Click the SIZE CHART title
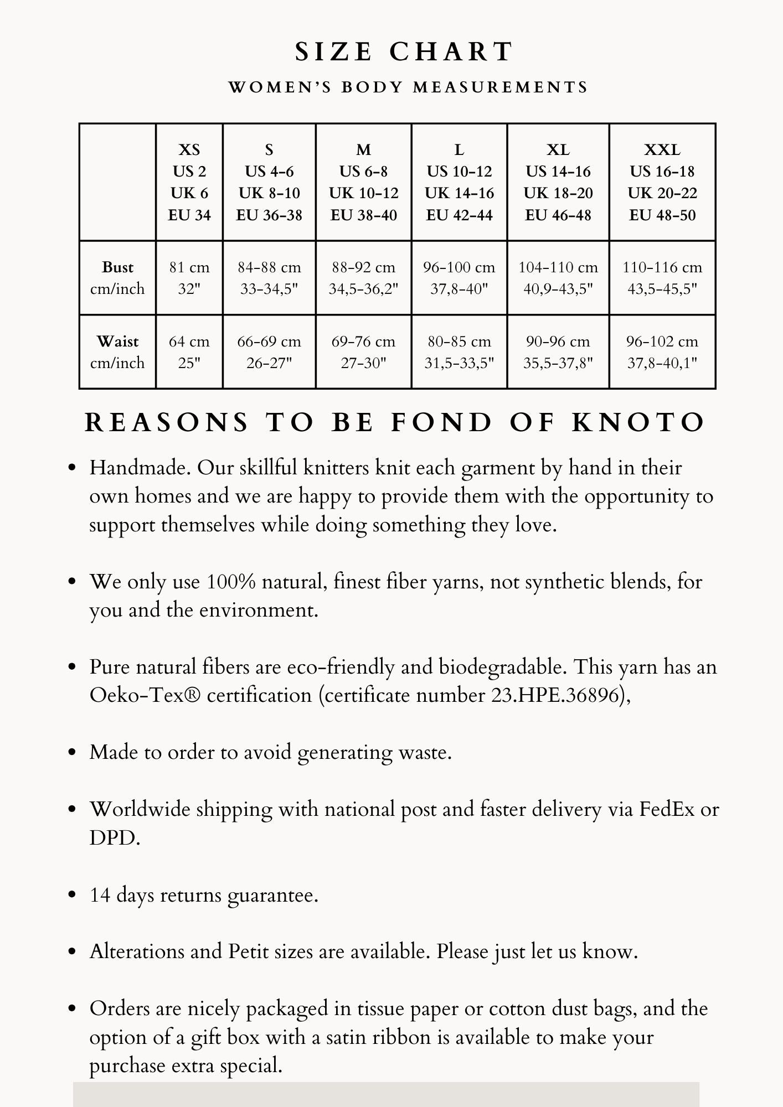coord(404,52)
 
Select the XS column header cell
coord(189,182)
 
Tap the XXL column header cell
coord(662,182)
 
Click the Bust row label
coord(117,278)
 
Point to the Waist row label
coord(117,352)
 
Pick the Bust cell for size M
coord(363,278)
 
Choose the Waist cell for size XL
coord(558,352)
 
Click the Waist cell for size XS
coord(189,352)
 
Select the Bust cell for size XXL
coord(662,278)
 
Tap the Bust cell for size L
coord(459,278)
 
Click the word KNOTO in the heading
coord(638,423)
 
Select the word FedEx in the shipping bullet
coord(667,809)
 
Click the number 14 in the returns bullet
coord(100,895)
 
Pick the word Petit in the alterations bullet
coord(249,951)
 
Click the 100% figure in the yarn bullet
coord(231,582)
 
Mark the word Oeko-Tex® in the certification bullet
coord(145,695)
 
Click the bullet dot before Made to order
coord(71,753)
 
